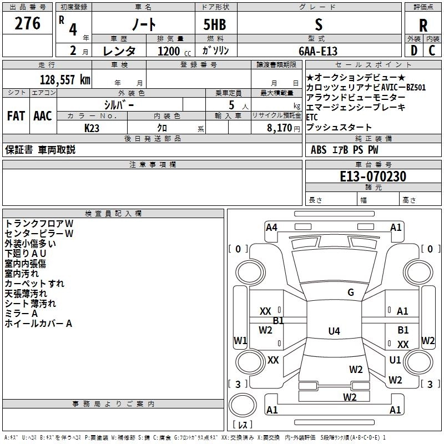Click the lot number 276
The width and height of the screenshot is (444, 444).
(x=28, y=24)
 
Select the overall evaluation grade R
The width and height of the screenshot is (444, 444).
(x=423, y=25)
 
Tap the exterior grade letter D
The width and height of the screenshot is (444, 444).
(x=413, y=50)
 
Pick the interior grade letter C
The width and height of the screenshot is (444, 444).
(x=432, y=50)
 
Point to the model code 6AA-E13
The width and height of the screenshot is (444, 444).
(x=317, y=51)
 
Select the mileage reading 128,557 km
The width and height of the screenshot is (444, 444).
(x=65, y=79)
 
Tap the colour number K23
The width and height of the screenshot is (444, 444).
(x=92, y=127)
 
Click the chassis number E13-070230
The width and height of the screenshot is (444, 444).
(x=373, y=176)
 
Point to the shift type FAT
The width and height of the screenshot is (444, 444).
(x=16, y=116)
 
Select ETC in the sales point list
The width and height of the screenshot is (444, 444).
(x=312, y=117)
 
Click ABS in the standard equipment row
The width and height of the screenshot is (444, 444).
(x=319, y=149)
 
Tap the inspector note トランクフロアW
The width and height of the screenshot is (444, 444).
(x=39, y=223)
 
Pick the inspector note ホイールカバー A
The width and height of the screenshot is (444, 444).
(x=39, y=323)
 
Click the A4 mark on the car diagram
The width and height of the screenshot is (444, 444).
(x=271, y=227)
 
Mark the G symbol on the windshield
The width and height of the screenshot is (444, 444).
(x=351, y=292)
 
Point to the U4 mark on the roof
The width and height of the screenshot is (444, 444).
(x=334, y=331)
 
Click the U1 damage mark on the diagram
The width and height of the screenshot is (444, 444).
(x=395, y=360)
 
